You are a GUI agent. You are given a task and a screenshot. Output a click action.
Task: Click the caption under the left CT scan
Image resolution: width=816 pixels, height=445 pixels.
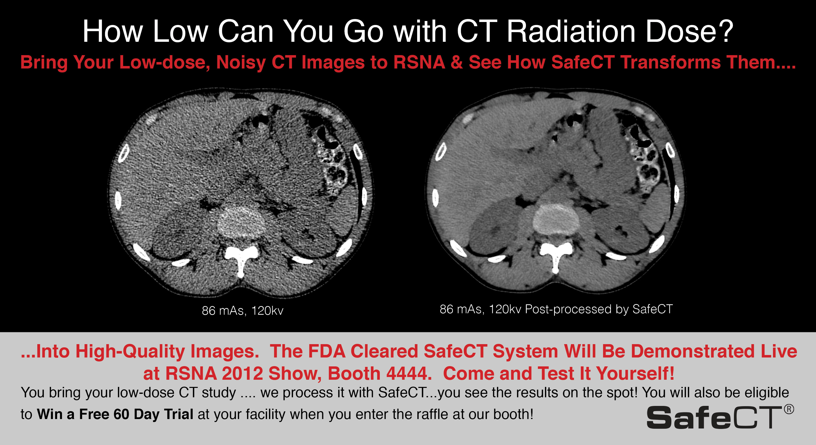[243, 311]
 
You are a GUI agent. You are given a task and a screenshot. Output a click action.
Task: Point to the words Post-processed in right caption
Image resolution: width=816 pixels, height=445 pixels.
[568, 309]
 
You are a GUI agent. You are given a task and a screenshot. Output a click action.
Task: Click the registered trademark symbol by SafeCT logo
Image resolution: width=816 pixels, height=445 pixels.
[789, 409]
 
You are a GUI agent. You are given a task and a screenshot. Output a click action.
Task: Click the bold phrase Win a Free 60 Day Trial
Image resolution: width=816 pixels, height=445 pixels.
[115, 414]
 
